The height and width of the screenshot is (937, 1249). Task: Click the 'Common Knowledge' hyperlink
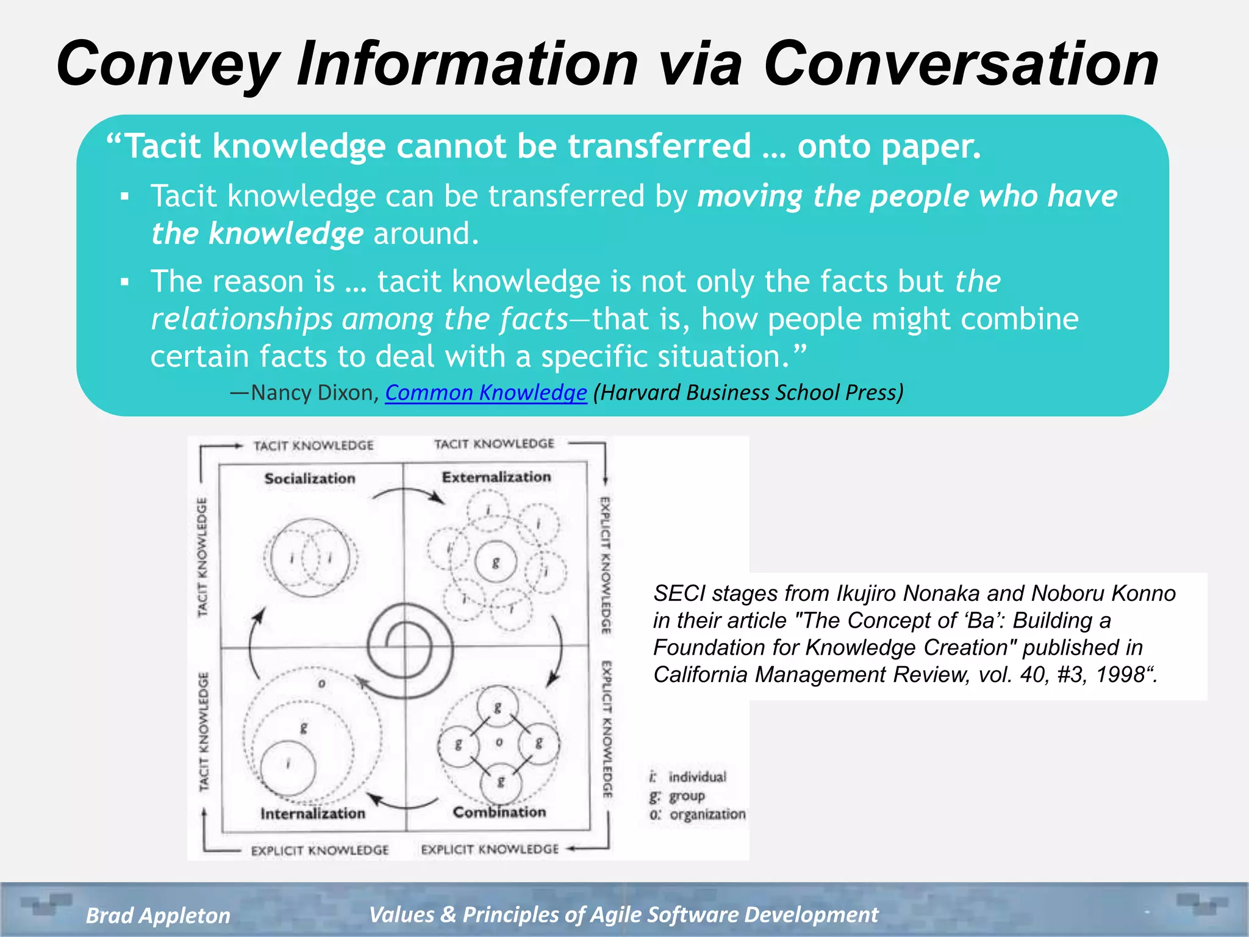pyautogui.click(x=485, y=393)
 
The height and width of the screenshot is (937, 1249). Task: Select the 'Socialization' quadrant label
pyautogui.click(x=310, y=479)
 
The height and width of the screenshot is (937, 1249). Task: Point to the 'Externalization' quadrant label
pyautogui.click(x=496, y=477)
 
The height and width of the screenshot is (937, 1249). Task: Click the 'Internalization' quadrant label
pyautogui.click(x=312, y=813)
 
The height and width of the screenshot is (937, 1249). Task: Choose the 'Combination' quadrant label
pyautogui.click(x=499, y=812)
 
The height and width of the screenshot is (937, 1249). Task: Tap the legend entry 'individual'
pyautogui.click(x=697, y=777)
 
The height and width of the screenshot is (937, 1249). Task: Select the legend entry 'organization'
pyautogui.click(x=707, y=814)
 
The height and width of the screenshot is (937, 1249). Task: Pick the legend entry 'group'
pyautogui.click(x=687, y=796)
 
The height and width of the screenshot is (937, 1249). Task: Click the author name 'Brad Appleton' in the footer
pyautogui.click(x=158, y=915)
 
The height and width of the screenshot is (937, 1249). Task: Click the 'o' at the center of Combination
pyautogui.click(x=499, y=742)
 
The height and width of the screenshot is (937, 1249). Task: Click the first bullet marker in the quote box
pyautogui.click(x=125, y=196)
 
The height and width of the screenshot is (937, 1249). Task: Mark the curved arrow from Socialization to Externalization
pyautogui.click(x=408, y=494)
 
